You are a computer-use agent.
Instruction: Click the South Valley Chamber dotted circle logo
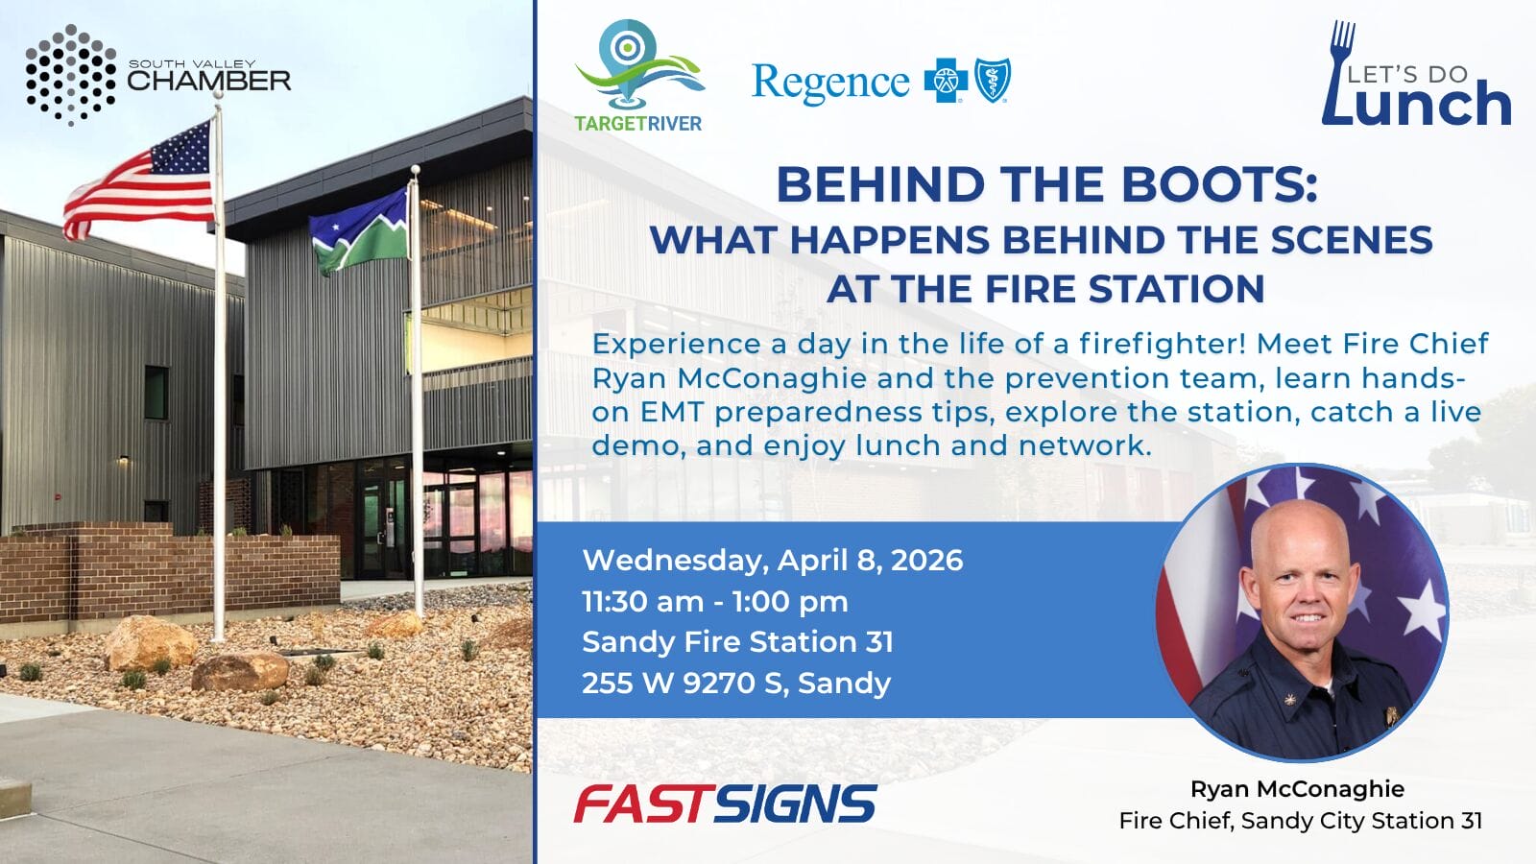click(x=71, y=75)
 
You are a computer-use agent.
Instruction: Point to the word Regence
click(x=830, y=83)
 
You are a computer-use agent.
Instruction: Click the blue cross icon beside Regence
click(x=946, y=81)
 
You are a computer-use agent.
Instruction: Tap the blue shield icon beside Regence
click(x=993, y=81)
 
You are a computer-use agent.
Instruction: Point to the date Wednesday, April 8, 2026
click(x=773, y=561)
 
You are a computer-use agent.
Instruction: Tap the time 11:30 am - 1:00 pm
click(x=715, y=601)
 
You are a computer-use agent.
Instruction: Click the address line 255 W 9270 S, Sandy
click(x=736, y=683)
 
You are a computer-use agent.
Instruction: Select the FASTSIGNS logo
click(x=726, y=804)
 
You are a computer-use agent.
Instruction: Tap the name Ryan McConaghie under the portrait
click(x=1297, y=788)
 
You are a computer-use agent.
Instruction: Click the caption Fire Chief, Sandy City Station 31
click(x=1301, y=821)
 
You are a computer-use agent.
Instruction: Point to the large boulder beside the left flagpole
click(x=150, y=642)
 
